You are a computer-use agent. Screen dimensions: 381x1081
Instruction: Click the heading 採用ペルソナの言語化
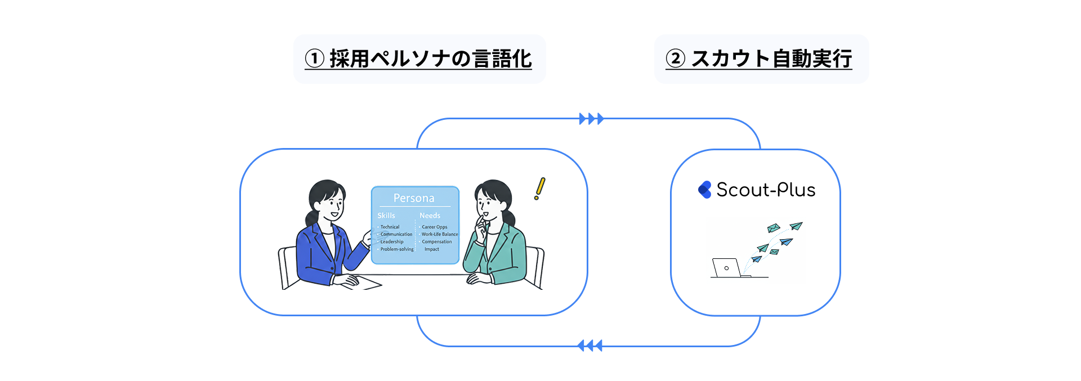tap(430, 59)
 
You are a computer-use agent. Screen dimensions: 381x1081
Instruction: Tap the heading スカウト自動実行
tap(771, 59)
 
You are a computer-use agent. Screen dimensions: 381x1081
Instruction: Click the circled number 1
tap(315, 59)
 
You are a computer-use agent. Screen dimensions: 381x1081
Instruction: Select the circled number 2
tap(675, 59)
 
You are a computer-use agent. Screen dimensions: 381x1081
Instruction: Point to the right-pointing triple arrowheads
tap(591, 119)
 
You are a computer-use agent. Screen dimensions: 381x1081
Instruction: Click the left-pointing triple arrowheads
tap(590, 346)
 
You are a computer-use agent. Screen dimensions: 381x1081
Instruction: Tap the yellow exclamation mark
tap(539, 189)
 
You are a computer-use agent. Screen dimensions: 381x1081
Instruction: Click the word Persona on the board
tap(414, 198)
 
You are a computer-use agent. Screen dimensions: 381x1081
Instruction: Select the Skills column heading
tap(386, 216)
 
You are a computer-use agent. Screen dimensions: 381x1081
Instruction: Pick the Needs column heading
tap(430, 216)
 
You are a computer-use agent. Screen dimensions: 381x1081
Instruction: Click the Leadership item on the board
tap(392, 241)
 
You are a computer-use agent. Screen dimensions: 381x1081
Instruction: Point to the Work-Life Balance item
tap(440, 234)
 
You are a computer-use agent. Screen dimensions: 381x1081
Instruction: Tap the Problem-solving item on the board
tap(397, 249)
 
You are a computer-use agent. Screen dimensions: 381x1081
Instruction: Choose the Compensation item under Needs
tap(437, 241)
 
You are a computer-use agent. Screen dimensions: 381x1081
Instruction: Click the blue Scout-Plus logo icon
tap(704, 190)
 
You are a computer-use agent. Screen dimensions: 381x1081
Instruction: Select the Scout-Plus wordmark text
tap(766, 190)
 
